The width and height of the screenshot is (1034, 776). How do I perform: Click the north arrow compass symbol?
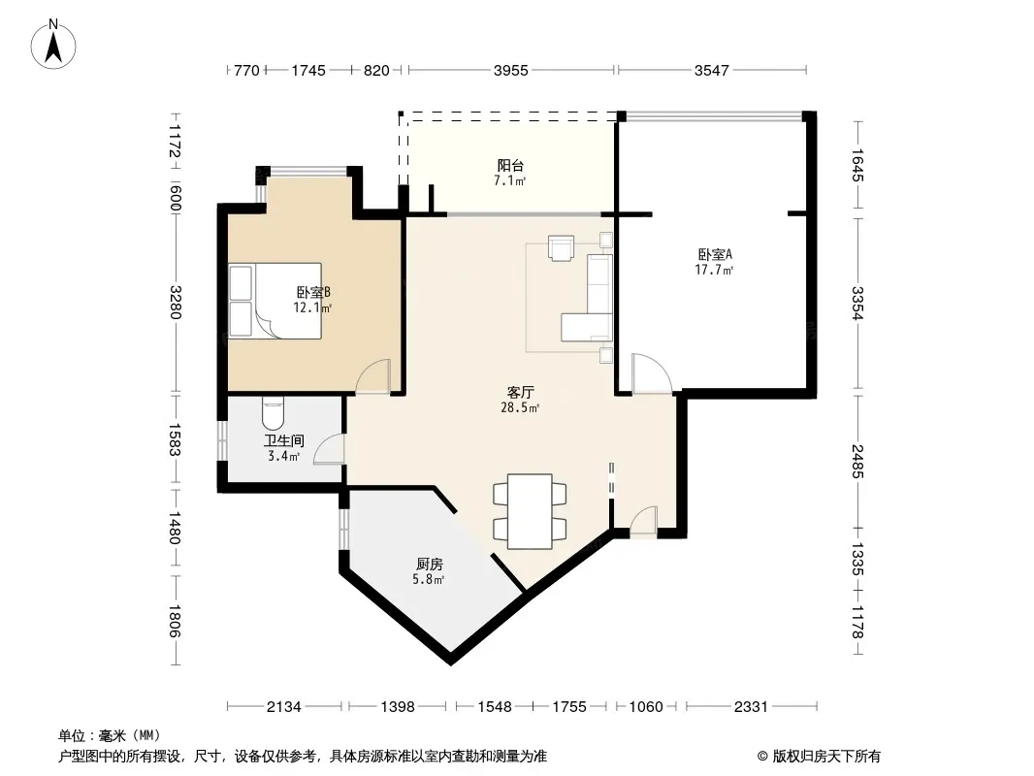tap(53, 44)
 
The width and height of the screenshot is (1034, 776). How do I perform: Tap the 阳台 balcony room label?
tap(510, 165)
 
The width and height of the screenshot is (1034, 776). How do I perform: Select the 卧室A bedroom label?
tap(715, 254)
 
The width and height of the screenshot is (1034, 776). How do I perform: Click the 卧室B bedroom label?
tap(313, 292)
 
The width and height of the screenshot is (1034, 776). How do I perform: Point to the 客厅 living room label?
tap(520, 393)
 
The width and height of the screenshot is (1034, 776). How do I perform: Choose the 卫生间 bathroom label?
tap(284, 440)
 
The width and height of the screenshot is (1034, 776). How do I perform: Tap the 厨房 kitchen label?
tap(430, 565)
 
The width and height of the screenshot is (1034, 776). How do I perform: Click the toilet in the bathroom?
tap(273, 412)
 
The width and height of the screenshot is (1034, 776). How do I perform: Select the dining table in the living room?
tap(530, 511)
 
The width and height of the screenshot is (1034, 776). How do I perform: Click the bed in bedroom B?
tap(275, 302)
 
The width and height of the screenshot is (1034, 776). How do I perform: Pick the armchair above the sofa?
tap(562, 248)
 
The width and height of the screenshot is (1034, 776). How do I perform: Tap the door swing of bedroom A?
tap(652, 373)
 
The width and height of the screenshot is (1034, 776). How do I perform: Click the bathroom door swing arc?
tap(329, 450)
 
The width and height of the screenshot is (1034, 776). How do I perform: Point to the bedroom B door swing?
tap(372, 377)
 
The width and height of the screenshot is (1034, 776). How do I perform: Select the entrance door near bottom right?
tap(644, 522)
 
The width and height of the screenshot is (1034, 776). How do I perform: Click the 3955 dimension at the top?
tap(511, 70)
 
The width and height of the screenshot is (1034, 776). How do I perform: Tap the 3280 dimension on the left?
tap(175, 302)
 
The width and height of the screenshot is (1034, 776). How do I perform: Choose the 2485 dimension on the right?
tap(856, 462)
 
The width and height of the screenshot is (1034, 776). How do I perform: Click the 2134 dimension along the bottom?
tap(283, 707)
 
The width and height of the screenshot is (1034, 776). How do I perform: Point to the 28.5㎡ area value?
tap(520, 408)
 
